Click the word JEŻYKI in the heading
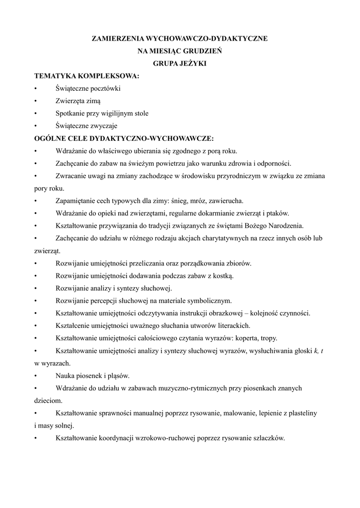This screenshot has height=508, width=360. (x=192, y=63)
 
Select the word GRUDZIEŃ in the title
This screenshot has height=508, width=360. (x=203, y=50)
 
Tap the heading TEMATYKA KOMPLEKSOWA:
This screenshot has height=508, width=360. (x=86, y=76)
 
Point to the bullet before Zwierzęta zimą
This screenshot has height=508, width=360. (x=36, y=101)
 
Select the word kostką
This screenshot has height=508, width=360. (x=222, y=275)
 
